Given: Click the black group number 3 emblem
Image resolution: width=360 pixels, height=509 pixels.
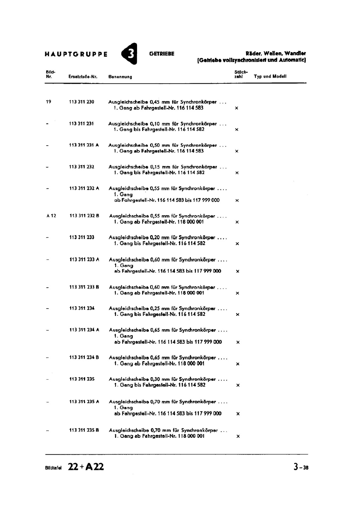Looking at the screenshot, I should tap(129, 54).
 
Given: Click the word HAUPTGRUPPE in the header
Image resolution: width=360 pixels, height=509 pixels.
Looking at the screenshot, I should tap(76, 54).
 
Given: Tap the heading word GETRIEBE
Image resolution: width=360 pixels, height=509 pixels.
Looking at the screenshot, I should tap(162, 54).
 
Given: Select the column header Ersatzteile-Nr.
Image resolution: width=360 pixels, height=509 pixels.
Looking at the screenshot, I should tap(83, 77).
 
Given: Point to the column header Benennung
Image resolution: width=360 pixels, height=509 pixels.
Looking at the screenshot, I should tap(120, 77).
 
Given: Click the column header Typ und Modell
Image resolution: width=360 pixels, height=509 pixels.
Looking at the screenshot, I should tap(270, 76).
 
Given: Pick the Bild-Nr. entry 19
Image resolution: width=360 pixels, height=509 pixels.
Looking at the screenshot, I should tap(48, 102).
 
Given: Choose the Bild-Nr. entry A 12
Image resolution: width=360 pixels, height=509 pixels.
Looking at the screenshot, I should tap(51, 216).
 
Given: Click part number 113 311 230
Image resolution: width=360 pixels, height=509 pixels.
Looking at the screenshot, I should tap(81, 102).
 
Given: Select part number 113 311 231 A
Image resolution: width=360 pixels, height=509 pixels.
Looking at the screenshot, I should tap(84, 145).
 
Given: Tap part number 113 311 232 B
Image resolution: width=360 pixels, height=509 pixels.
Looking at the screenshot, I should tap(84, 216).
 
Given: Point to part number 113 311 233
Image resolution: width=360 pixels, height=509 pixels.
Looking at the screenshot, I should tap(82, 237).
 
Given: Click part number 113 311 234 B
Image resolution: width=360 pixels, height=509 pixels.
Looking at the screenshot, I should tap(84, 358).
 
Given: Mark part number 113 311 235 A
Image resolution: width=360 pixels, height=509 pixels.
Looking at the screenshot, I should tap(84, 402).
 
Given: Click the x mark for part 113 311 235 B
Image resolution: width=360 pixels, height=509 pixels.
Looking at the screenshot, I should tap(238, 436).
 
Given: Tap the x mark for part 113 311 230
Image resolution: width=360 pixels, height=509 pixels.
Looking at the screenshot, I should tap(236, 108).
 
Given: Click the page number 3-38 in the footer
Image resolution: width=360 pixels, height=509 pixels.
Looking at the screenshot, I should tap(301, 467).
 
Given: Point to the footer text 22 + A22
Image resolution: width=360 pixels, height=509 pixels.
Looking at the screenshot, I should tap(86, 467).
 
